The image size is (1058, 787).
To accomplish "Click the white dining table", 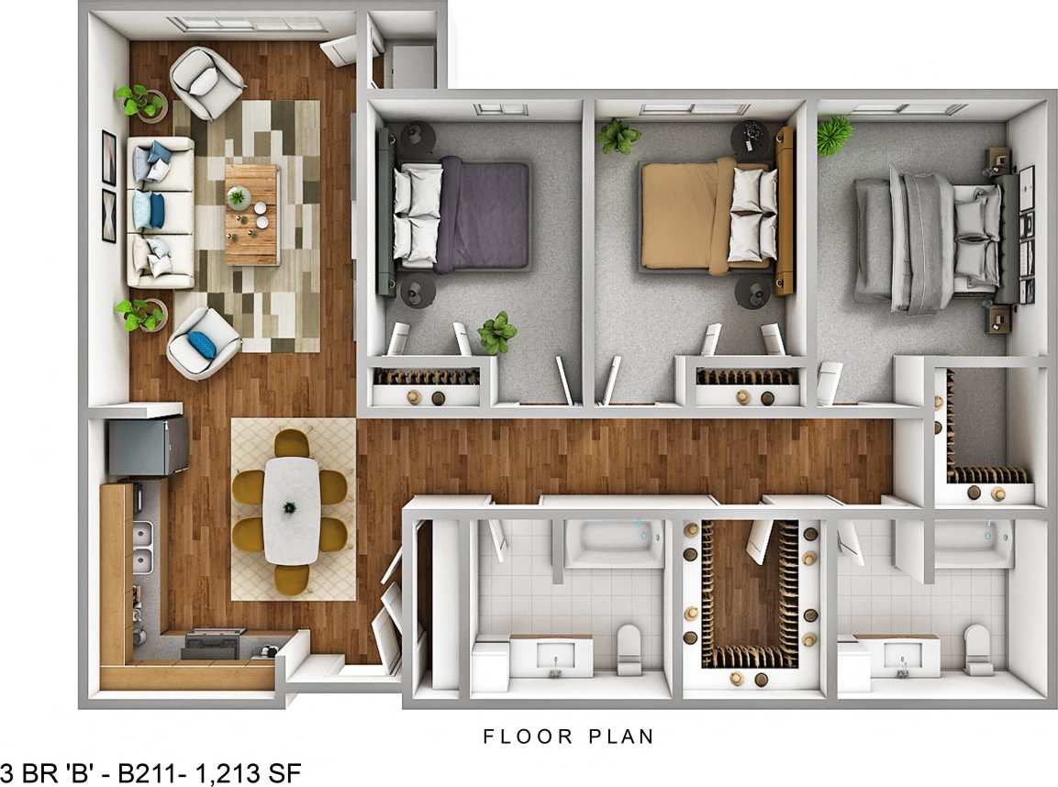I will [x=291, y=509].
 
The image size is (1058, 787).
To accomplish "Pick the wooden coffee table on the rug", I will [x=252, y=214].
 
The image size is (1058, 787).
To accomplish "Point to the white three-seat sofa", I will [x=160, y=212].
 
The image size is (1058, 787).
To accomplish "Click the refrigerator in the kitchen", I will [x=147, y=449].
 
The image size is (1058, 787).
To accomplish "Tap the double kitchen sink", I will [x=142, y=547].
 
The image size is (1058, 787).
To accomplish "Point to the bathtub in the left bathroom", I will [x=612, y=543].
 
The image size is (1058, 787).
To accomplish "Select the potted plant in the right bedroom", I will [x=834, y=134].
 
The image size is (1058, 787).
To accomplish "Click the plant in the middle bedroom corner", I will [x=618, y=136].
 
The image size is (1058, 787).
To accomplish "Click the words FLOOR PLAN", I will [x=568, y=736].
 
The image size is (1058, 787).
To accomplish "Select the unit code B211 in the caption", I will [x=161, y=772].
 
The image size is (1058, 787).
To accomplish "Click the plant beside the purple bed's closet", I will [x=496, y=332].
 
